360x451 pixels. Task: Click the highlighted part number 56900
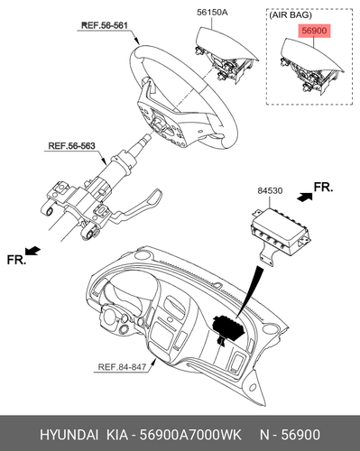[314, 31]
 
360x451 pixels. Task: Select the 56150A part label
[212, 13]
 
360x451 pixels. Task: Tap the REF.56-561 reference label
[105, 25]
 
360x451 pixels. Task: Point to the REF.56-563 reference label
[71, 146]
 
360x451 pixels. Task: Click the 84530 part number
[270, 190]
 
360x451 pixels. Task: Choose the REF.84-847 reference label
[122, 367]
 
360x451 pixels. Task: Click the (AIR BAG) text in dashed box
[291, 15]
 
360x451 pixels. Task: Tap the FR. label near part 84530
[323, 187]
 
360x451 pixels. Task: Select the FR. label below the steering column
[16, 260]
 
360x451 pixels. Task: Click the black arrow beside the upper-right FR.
[304, 197]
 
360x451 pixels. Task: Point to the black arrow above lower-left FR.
[32, 251]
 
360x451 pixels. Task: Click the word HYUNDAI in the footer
[69, 435]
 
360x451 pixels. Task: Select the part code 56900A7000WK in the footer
[191, 435]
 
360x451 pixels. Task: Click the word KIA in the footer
[117, 435]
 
